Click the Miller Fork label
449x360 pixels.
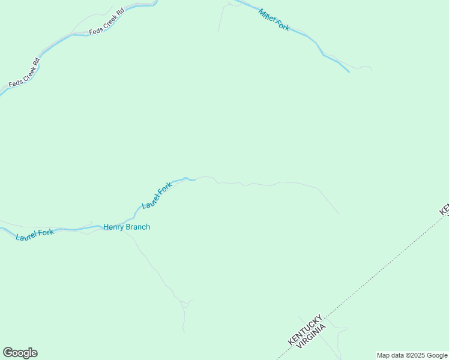pos(274,20)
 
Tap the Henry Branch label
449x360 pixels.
pos(127,227)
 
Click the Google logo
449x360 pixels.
pos(20,353)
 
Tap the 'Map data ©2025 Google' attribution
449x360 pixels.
pos(412,355)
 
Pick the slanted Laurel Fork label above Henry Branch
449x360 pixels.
pos(157,196)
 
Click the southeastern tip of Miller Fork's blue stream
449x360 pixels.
pos(348,71)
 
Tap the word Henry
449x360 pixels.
pos(114,227)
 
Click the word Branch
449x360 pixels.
pos(138,227)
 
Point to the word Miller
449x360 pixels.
pos(268,16)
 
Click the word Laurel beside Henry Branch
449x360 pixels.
pos(27,236)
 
